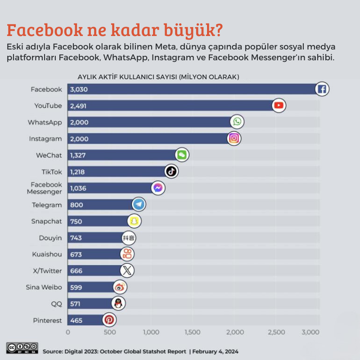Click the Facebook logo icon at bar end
(x=322, y=89)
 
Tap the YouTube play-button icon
(x=279, y=106)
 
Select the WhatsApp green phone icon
(x=237, y=122)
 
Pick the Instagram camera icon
(x=234, y=138)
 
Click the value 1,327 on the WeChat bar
(x=78, y=155)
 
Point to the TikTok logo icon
(x=171, y=171)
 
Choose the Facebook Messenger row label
(x=46, y=188)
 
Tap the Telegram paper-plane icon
(x=139, y=205)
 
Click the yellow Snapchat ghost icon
(x=135, y=221)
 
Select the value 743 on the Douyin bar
(x=76, y=238)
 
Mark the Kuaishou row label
(x=47, y=254)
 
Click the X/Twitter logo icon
(x=127, y=270)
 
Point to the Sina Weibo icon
(x=120, y=287)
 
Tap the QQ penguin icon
(x=118, y=303)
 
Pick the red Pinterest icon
(x=109, y=320)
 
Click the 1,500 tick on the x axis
(x=193, y=333)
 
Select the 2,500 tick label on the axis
(x=276, y=333)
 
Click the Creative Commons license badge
(x=22, y=348)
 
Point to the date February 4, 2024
(x=215, y=351)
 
